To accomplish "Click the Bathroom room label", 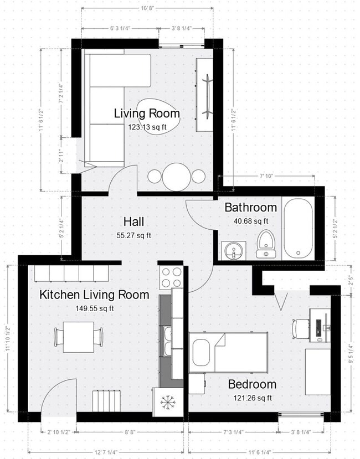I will pyautogui.click(x=250, y=208).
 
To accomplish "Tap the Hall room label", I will pyautogui.click(x=134, y=222).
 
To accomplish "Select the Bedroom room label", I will pyautogui.click(x=252, y=384).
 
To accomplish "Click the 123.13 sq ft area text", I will pyautogui.click(x=147, y=126).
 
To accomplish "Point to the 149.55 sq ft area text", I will pyautogui.click(x=94, y=308).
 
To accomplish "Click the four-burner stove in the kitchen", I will pyautogui.click(x=172, y=277).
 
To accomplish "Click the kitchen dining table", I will pyautogui.click(x=79, y=337).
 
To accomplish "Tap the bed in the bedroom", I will pyautogui.click(x=228, y=352).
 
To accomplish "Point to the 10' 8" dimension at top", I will pyautogui.click(x=147, y=8).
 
